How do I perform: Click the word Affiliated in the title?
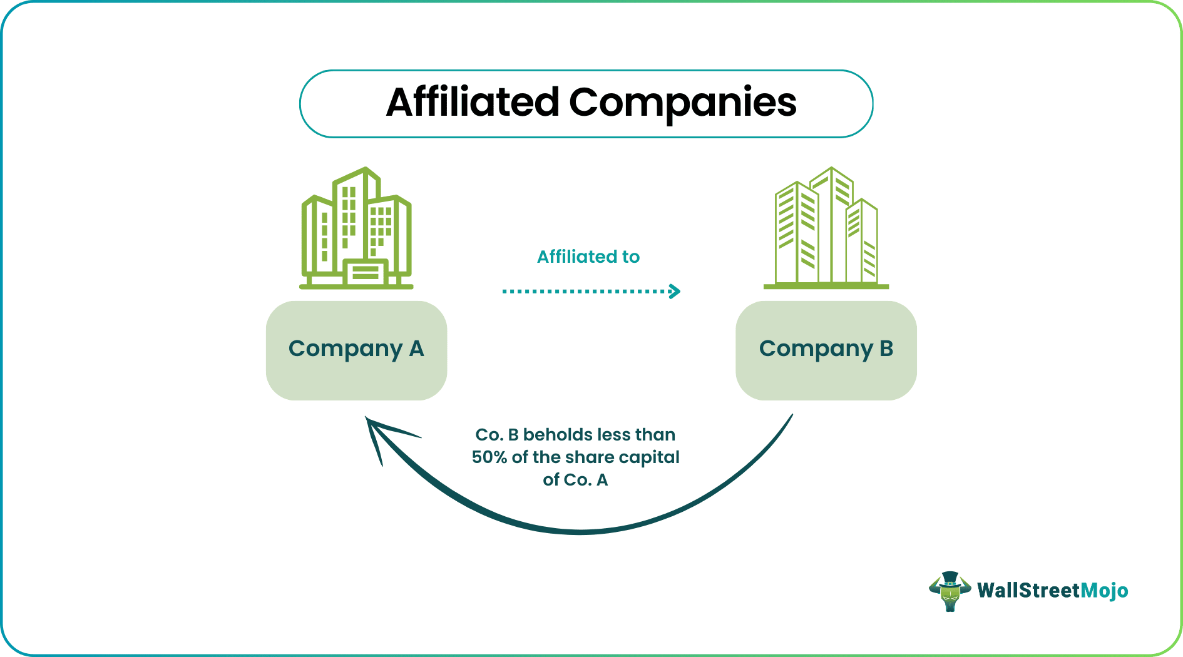(472, 103)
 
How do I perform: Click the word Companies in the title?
(682, 103)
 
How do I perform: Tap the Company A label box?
(356, 350)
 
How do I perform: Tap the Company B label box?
(826, 350)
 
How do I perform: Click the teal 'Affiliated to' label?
(588, 257)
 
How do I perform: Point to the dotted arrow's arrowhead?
(674, 291)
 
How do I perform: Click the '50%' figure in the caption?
(489, 457)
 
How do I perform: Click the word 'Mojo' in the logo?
(1104, 591)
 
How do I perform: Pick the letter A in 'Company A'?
(416, 349)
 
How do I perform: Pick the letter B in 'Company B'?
(886, 349)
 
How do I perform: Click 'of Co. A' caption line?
(575, 480)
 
